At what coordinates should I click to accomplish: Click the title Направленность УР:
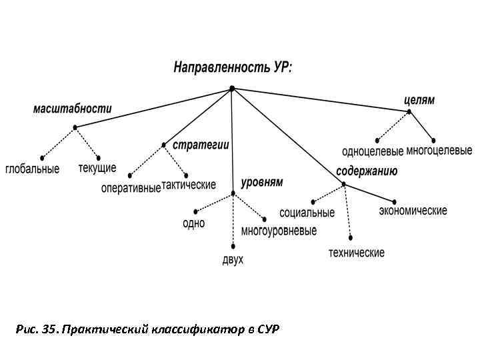coord(233,68)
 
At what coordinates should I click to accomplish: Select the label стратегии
coord(201,145)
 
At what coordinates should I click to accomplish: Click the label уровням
coord(262,181)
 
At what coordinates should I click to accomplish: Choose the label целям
coord(419,100)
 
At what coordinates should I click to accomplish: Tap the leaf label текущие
coord(97,167)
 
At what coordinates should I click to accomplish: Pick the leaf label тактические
coord(189,185)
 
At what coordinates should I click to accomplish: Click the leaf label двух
coord(233,259)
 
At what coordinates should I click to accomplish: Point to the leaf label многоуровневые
coord(279,231)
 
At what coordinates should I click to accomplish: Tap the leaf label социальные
coord(307,213)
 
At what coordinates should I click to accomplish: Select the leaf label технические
coord(356,253)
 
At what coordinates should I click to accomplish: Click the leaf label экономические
coord(413,211)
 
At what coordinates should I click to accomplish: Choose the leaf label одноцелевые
coord(373,151)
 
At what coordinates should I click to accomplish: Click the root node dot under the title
coord(232,87)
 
